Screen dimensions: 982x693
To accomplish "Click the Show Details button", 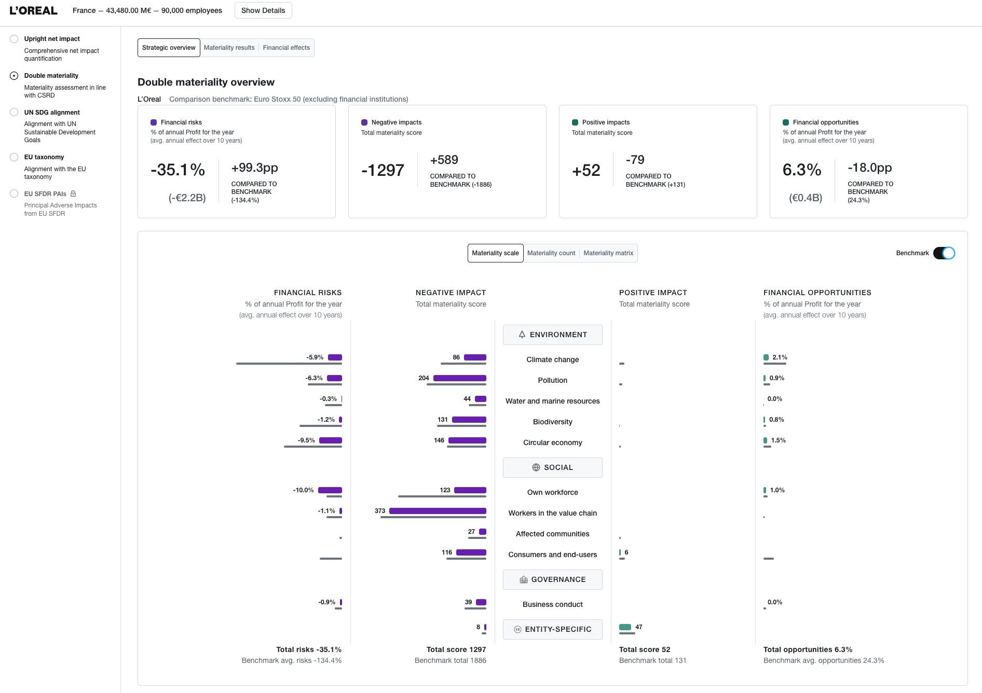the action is click(263, 10).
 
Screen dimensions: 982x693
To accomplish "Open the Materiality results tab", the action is click(229, 48).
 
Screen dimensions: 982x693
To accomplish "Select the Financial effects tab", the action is click(287, 48).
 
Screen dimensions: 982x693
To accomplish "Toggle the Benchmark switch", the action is click(944, 253).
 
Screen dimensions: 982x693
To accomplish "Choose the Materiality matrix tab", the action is click(608, 253).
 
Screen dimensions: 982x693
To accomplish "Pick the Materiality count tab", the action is click(551, 253).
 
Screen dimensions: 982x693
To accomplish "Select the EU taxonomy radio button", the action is click(14, 157).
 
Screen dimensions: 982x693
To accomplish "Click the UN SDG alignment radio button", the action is click(14, 113).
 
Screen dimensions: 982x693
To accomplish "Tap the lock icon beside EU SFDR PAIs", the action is click(73, 193).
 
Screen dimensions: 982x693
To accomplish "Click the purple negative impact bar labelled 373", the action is click(438, 511).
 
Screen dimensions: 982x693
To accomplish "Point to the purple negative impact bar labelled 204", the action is click(460, 378).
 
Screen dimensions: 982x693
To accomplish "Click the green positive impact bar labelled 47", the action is click(625, 627).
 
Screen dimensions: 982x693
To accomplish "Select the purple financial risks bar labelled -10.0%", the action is click(330, 490).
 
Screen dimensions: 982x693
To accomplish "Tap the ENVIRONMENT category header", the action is click(553, 335).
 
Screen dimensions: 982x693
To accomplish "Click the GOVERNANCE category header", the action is click(553, 579).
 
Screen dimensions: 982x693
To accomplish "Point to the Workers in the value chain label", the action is click(553, 513).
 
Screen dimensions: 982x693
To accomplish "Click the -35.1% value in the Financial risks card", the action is click(178, 170).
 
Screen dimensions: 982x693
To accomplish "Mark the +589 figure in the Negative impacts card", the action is click(444, 160).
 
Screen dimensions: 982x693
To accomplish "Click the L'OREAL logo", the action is click(33, 10).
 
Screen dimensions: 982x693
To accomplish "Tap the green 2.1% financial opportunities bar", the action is click(766, 357).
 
